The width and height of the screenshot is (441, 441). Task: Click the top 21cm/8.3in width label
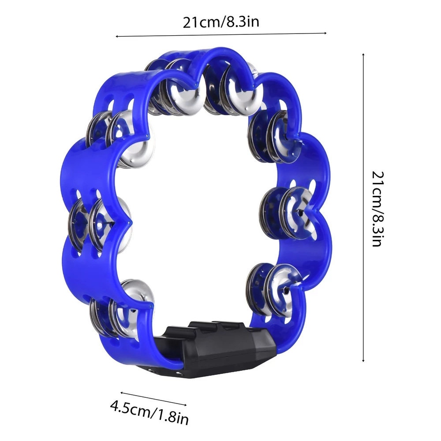pos(221,22)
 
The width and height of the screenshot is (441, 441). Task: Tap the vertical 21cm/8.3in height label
pos(378,209)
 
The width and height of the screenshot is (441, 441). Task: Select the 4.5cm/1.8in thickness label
pos(149,412)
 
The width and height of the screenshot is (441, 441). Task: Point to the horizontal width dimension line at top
pos(221,35)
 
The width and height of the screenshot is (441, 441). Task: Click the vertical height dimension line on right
pos(363,207)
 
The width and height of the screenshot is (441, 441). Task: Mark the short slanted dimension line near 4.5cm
pos(153,399)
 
